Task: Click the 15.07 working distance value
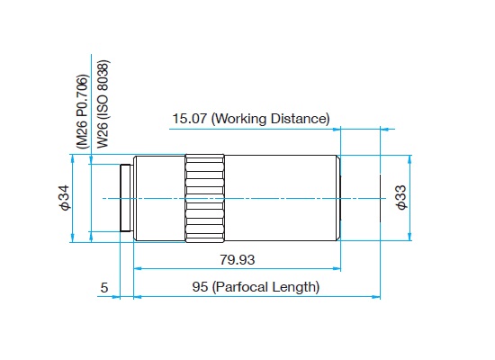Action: (x=189, y=119)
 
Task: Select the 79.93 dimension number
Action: (x=237, y=260)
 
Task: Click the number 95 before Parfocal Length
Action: (x=200, y=287)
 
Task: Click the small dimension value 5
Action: (x=104, y=288)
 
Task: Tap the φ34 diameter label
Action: (x=65, y=198)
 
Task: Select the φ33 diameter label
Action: (x=401, y=197)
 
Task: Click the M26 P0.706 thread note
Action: (x=83, y=112)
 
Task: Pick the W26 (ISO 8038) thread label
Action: (x=103, y=103)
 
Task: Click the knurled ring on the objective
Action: (x=205, y=198)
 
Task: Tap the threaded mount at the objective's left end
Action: (x=126, y=198)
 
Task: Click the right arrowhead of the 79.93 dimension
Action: (x=337, y=269)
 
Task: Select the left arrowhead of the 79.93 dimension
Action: (x=138, y=269)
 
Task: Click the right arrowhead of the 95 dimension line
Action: (x=376, y=297)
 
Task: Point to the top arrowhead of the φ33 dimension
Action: (x=409, y=159)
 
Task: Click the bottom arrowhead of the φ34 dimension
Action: (x=73, y=238)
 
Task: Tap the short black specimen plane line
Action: (x=380, y=198)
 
